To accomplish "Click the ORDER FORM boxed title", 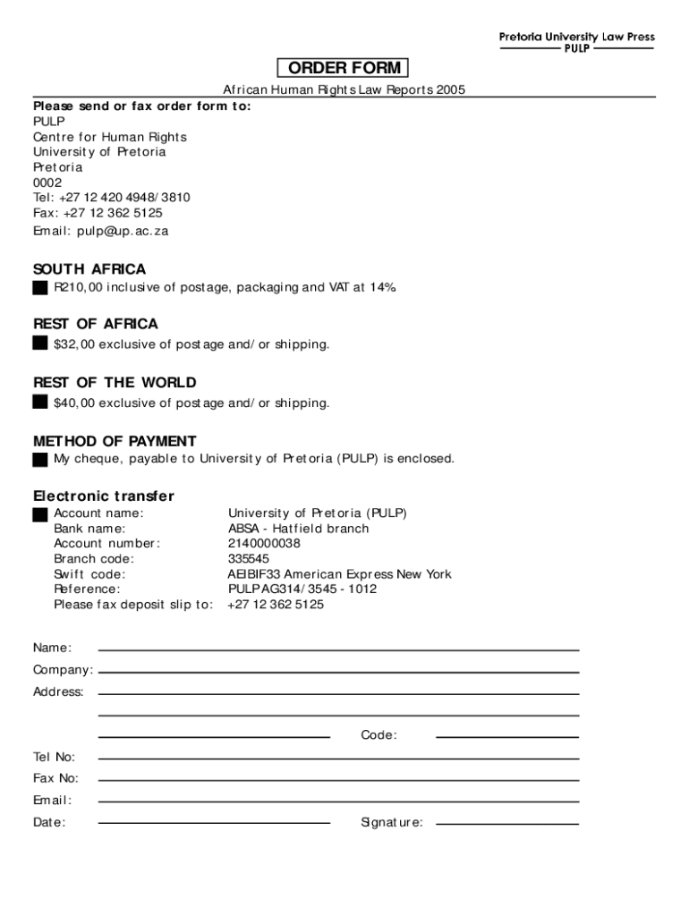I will tap(344, 69).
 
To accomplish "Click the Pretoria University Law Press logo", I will tap(576, 42).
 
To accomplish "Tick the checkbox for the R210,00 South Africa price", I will tap(40, 288).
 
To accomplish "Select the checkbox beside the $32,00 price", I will tap(40, 343).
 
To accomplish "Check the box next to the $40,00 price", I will tap(40, 402).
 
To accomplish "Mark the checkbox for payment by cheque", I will tap(40, 460).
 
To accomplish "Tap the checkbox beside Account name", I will tap(40, 514).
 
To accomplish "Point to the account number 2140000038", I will tap(264, 544).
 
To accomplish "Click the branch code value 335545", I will tap(248, 559).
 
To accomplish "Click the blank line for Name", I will tap(338, 649).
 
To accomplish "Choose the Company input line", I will tap(338, 672).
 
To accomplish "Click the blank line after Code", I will tap(506, 737).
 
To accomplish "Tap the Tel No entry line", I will tap(338, 759).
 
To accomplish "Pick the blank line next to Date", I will tap(214, 823).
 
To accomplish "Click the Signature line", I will tap(506, 824).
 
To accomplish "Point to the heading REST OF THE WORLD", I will tap(115, 383).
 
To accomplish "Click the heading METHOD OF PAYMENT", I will tap(115, 441).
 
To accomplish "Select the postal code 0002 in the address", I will tap(47, 182).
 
